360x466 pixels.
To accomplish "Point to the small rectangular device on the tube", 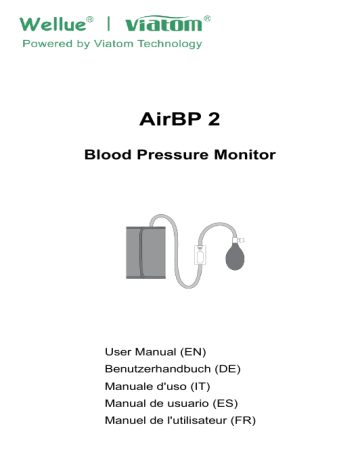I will pos(202,257).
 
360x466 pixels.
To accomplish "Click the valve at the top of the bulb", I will pos(238,240).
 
